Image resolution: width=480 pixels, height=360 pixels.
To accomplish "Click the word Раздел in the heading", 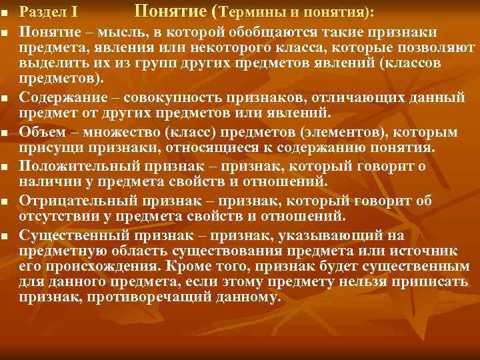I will tap(41, 13).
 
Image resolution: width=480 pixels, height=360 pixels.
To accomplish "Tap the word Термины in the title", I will tap(251, 12).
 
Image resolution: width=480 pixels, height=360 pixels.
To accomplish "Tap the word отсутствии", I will tap(57, 215).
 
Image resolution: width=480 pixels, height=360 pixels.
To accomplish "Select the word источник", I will tap(426, 250).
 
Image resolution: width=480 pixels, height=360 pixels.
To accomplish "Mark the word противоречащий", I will tap(134, 298).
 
